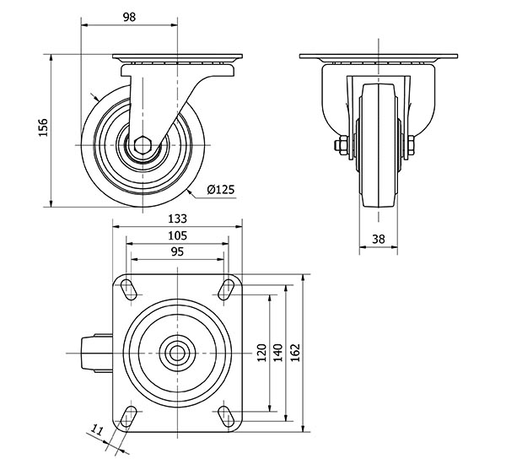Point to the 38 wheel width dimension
(378, 240)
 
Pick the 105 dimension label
(176, 235)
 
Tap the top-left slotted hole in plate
(130, 289)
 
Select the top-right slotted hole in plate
(225, 289)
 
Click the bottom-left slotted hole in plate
(130, 416)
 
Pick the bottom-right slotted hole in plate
(225, 416)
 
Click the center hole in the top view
(177, 352)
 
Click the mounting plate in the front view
(378, 58)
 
